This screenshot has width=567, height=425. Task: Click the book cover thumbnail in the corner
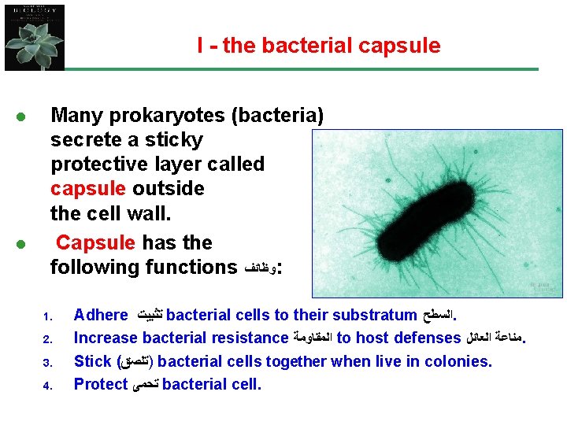[34, 37]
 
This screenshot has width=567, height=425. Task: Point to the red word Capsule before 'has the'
[94, 242]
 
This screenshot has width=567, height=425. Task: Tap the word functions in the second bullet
[187, 267]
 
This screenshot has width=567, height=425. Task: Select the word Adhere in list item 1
[100, 316]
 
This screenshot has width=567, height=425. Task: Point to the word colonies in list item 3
[460, 362]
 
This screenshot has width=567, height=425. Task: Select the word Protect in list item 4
[100, 385]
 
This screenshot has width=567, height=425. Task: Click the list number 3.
[46, 364]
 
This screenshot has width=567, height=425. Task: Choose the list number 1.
[46, 318]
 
